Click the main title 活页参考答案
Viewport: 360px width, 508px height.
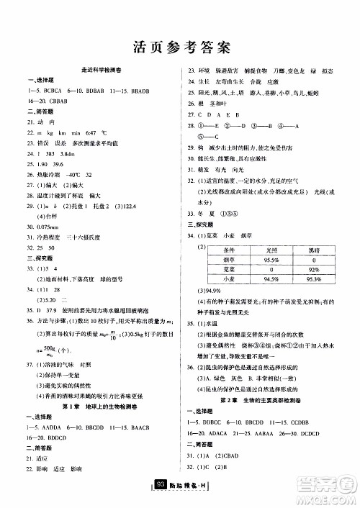[x=181, y=47]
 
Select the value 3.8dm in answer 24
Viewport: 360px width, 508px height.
[x=68, y=155]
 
